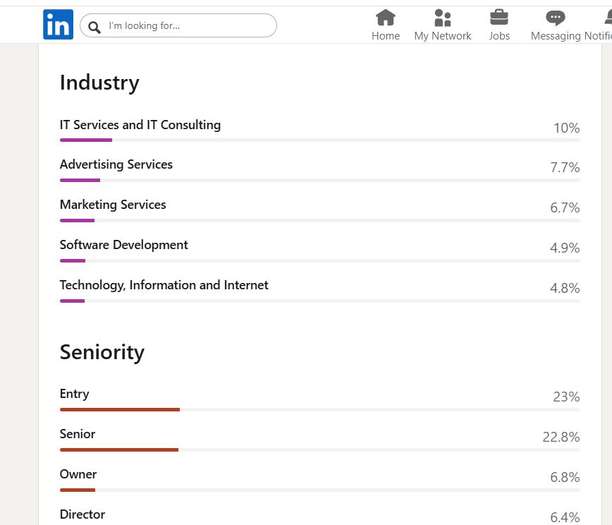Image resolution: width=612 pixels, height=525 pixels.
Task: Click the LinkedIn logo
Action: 58,25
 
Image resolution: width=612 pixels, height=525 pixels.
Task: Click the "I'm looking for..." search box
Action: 178,26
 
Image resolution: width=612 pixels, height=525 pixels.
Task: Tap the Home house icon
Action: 386,18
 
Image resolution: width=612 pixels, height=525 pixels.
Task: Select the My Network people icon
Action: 443,18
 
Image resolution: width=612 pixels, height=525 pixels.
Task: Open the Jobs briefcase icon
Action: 499,18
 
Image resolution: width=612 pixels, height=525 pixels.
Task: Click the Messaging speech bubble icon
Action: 556,18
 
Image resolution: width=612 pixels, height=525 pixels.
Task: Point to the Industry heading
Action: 99,83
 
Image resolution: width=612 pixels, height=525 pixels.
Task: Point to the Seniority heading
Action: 102,352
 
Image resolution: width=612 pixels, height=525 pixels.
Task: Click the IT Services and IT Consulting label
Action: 140,125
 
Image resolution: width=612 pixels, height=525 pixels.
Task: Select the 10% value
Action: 566,128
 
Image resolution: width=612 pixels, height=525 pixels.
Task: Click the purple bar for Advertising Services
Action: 80,180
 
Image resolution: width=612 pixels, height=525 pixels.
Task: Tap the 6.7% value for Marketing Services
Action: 565,208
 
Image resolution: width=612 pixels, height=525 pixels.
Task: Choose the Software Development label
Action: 124,245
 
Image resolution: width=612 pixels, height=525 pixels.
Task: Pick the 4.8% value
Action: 565,289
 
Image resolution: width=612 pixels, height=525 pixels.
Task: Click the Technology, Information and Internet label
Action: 164,285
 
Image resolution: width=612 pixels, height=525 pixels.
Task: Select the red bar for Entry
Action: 120,409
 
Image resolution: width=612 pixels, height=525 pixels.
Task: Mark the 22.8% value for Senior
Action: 561,437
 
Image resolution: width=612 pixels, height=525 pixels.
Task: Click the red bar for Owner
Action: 78,490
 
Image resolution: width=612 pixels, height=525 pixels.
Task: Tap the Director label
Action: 82,514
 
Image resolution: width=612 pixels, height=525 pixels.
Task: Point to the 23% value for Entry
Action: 566,397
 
